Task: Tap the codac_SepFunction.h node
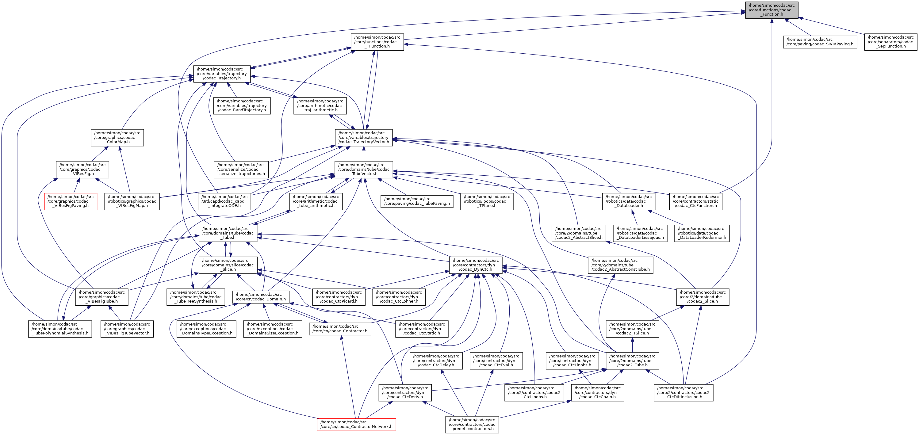890,42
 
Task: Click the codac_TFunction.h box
377,42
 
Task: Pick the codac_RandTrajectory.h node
242,106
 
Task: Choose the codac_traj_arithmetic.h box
320,106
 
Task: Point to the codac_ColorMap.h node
117,138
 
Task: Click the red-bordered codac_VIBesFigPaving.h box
70,201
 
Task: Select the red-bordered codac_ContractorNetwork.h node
356,424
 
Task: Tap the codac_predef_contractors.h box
472,424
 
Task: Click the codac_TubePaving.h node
417,201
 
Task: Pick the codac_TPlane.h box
487,201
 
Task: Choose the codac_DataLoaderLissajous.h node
640,233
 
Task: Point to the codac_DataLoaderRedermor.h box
701,233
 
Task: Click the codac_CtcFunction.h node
695,201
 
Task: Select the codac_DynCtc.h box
476,265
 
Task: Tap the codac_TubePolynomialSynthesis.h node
59,329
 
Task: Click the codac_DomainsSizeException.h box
273,329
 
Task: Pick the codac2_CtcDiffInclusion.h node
683,393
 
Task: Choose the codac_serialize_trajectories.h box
241,169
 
